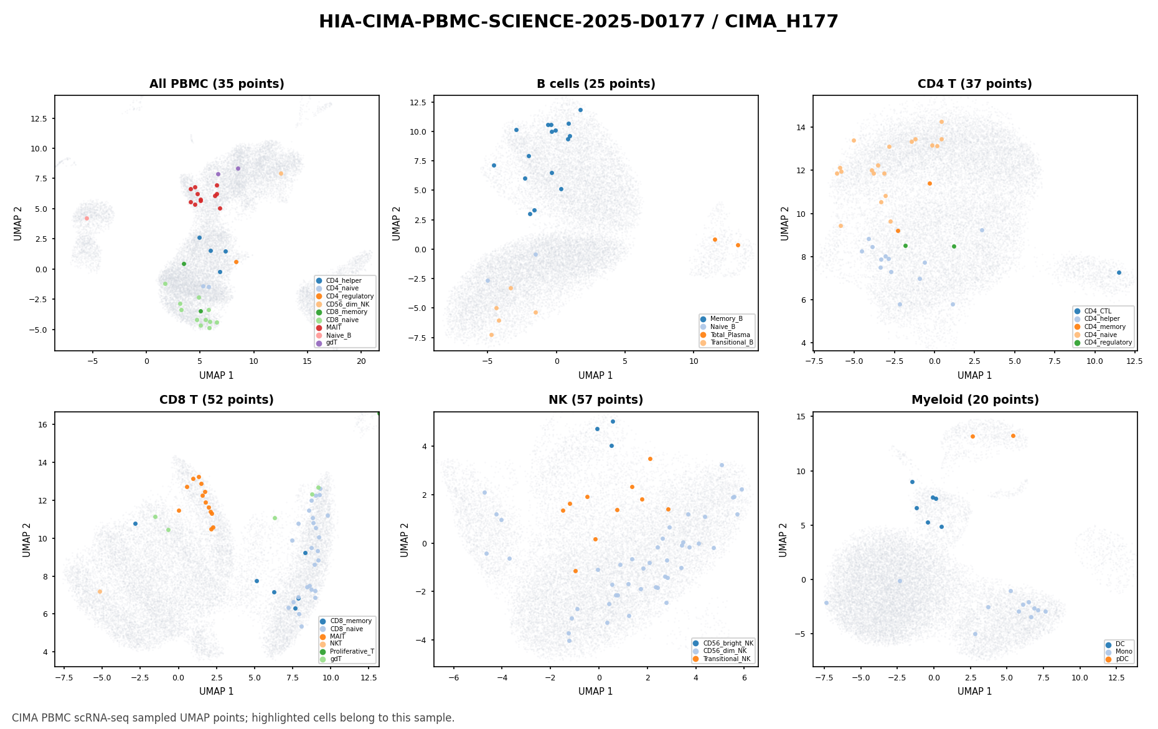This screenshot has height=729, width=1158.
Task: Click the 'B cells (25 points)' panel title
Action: tap(596, 84)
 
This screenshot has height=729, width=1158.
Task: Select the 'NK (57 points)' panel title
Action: tap(596, 400)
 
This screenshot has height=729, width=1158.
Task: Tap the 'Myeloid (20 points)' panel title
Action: tap(975, 400)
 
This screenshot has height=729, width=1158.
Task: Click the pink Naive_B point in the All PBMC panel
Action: tap(87, 218)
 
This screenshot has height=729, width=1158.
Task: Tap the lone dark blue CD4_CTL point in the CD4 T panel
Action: tap(1119, 272)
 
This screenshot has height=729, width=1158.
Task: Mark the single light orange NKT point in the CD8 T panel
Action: tap(100, 591)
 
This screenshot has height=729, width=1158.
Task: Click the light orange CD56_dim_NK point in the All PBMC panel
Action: tap(281, 173)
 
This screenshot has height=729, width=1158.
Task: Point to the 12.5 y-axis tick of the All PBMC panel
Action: tap(42, 118)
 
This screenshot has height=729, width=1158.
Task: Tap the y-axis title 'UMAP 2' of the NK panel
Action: tap(405, 540)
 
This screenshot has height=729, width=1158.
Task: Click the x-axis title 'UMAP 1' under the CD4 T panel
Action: tap(975, 376)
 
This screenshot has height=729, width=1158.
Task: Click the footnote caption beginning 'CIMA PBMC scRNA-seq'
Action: tap(233, 718)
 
